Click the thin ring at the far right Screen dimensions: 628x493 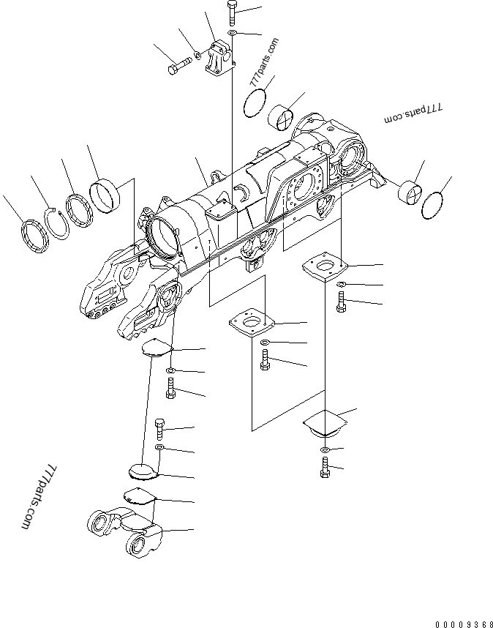435,205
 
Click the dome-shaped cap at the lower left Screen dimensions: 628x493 143,468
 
